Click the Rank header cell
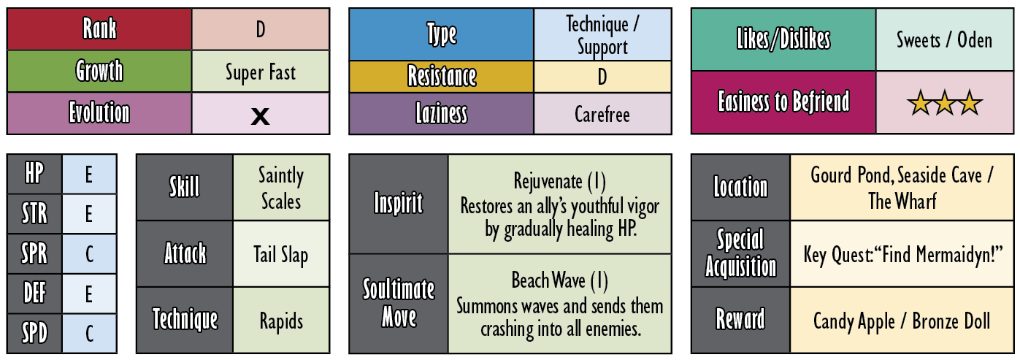(99, 28)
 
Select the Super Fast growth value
(261, 72)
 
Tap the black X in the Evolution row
(260, 116)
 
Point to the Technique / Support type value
(602, 35)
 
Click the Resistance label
(442, 76)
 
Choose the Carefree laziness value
(602, 114)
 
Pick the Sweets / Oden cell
(944, 40)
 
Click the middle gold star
(944, 103)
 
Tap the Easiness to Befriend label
(783, 102)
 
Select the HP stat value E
(89, 175)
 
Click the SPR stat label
(34, 253)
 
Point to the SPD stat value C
(89, 333)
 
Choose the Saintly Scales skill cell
(281, 187)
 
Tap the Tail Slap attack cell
(281, 254)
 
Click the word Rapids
(281, 321)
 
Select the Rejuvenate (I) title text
(559, 181)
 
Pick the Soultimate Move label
(399, 303)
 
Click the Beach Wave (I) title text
(559, 280)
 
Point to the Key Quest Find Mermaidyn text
(902, 254)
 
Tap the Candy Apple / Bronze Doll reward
(902, 321)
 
